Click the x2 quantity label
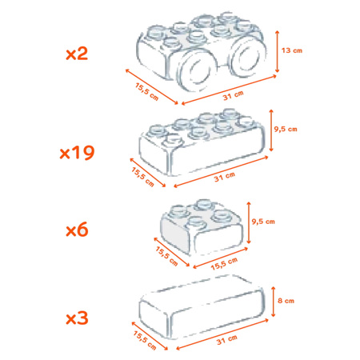point(77,54)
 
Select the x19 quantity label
point(77,153)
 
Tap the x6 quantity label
point(77,230)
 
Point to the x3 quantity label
point(77,318)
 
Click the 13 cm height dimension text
point(292,50)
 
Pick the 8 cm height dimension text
point(286,301)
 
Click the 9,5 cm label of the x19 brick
point(286,130)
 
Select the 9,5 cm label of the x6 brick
point(263,222)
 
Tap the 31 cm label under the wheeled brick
point(234,95)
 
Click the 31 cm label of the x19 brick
point(225,177)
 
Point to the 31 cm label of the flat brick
point(227,340)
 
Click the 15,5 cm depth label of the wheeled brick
point(147,92)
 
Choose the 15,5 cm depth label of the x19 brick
point(143,177)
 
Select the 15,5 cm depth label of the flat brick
point(145,340)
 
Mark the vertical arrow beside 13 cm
point(277,51)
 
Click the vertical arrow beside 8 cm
point(273,302)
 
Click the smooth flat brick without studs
point(202,306)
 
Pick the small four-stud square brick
point(202,227)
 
